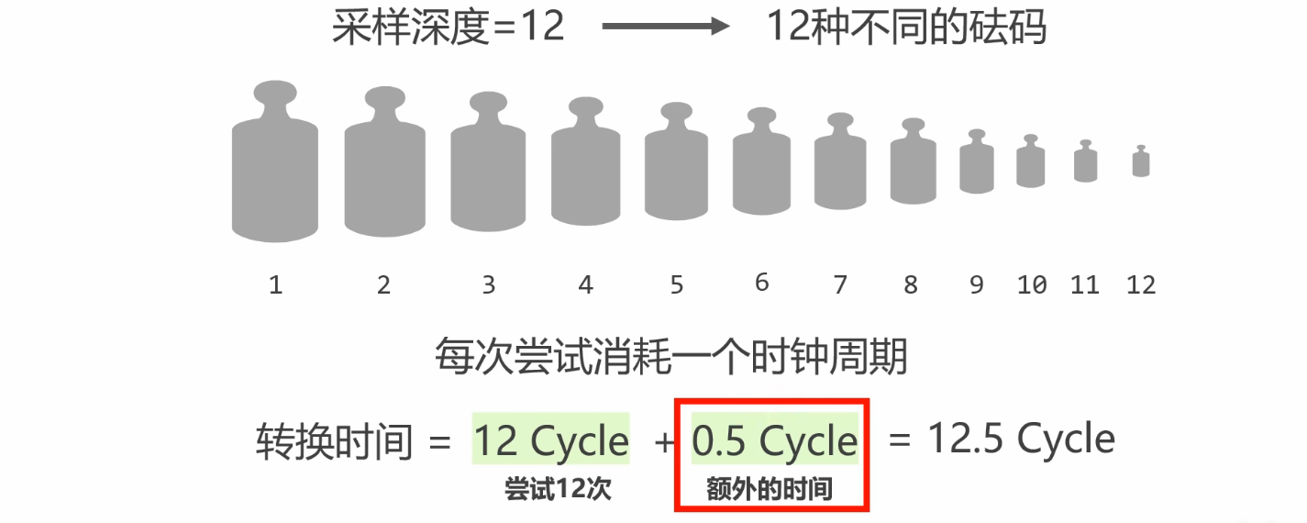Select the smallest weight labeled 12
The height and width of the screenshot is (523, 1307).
(1141, 162)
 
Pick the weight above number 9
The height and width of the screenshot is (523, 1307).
(977, 163)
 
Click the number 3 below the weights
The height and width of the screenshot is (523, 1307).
(488, 285)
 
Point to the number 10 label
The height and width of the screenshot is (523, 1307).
(1032, 285)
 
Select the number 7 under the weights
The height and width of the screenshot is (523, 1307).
(840, 285)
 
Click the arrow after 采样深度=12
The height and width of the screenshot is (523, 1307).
(664, 28)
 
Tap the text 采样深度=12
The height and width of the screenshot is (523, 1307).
(448, 28)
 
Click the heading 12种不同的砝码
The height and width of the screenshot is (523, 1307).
(906, 28)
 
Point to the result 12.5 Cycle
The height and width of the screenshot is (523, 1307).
(1021, 440)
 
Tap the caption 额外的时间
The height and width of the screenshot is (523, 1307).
(770, 490)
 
